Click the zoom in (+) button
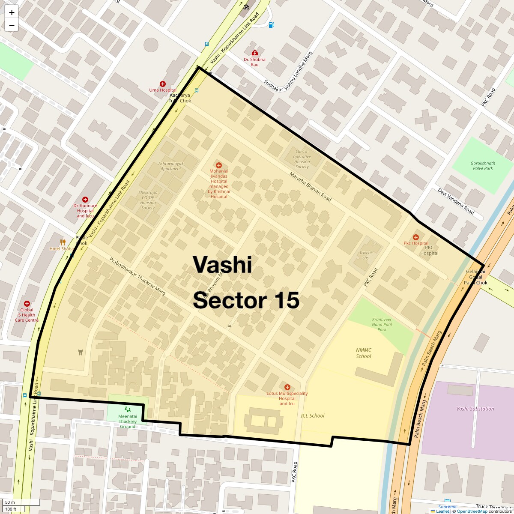[x=12, y=12]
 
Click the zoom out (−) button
[x=12, y=25]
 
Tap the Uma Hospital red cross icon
[x=163, y=84]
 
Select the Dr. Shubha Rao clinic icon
[x=255, y=53]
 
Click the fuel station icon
[x=271, y=25]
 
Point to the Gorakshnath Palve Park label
[x=483, y=166]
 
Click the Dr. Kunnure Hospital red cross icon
[x=85, y=200]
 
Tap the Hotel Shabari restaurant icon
[x=63, y=242]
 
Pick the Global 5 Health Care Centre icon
[x=27, y=304]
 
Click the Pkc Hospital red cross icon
[x=415, y=237]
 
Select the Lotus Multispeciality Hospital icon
[x=287, y=387]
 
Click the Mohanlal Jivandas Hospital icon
[x=219, y=165]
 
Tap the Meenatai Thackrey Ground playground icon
[x=128, y=409]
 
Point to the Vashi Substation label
[x=475, y=409]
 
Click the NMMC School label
[x=364, y=353]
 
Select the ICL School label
[x=312, y=415]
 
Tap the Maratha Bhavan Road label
[x=310, y=187]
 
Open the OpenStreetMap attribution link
[x=472, y=511]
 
